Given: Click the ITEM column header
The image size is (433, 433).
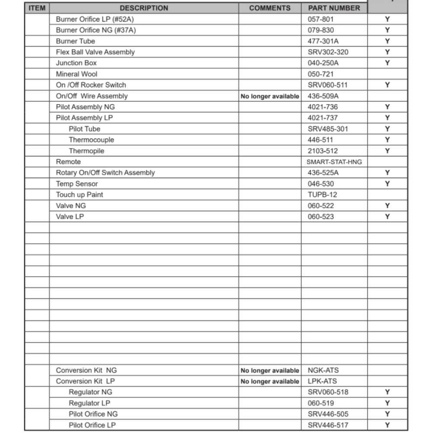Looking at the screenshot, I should click(37, 8).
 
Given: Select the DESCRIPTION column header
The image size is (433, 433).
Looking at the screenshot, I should click(144, 8).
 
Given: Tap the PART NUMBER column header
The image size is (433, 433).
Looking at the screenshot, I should click(334, 8).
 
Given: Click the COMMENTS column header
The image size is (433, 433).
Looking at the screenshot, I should click(270, 8).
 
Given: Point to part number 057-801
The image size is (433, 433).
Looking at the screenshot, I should click(321, 19).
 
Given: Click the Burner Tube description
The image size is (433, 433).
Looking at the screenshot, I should click(75, 41).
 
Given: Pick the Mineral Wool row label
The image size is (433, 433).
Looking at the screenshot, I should click(77, 74).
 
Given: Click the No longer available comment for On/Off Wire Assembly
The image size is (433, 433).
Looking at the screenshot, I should click(270, 96).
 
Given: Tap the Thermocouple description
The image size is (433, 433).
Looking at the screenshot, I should click(91, 140).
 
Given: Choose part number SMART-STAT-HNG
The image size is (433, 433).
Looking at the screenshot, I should click(334, 162).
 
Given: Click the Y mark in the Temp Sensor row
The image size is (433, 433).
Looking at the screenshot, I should click(387, 184).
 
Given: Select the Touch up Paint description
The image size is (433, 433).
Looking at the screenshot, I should click(80, 194).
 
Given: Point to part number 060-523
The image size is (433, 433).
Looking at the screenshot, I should click(321, 216).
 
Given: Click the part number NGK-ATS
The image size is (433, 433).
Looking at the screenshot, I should click(323, 370).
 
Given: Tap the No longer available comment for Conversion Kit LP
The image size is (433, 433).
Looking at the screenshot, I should click(270, 381).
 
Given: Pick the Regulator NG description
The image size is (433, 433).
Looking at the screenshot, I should click(90, 392).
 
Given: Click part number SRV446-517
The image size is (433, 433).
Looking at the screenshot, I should click(328, 425).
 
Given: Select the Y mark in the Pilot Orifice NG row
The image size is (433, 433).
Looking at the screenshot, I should click(387, 414).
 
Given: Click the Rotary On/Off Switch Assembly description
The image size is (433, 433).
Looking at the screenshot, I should click(105, 172).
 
